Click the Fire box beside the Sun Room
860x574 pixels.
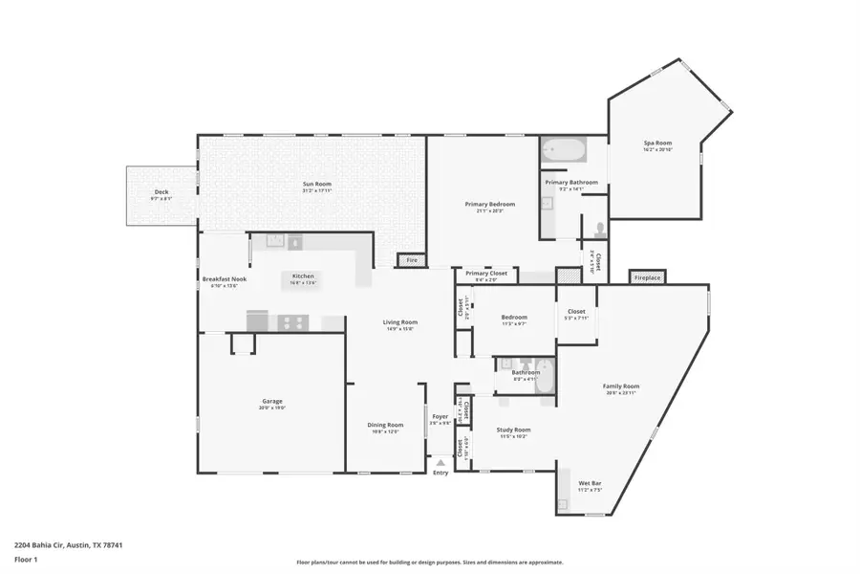tap(413, 260)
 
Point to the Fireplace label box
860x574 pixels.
tap(646, 277)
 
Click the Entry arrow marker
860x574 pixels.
tap(441, 462)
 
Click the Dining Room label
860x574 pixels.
tap(386, 427)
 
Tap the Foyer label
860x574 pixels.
tap(440, 418)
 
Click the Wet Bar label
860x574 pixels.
tap(590, 484)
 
